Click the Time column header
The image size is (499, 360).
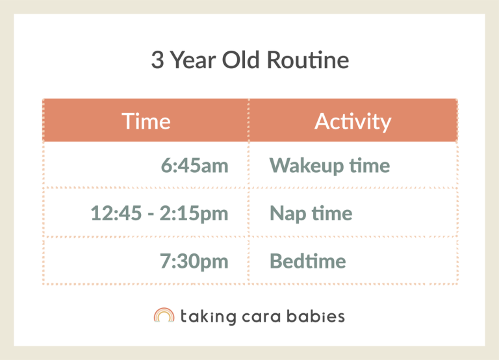(146, 121)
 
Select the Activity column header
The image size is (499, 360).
(353, 121)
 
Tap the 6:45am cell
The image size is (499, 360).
(194, 165)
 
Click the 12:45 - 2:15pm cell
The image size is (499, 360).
(159, 213)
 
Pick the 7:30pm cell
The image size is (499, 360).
(194, 261)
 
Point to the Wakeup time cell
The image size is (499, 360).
(329, 165)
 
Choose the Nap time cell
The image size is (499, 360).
(311, 213)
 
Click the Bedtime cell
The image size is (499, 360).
(307, 261)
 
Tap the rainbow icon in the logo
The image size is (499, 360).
(164, 316)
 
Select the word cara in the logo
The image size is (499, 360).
(267, 316)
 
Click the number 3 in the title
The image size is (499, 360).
(157, 60)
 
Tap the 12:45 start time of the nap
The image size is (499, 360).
(116, 213)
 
